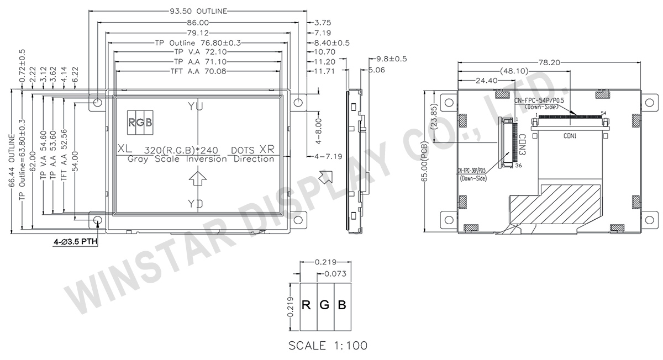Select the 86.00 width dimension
(198, 23)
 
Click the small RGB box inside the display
(141, 123)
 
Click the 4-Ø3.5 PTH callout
(75, 242)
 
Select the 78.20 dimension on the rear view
(549, 62)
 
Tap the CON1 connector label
(570, 135)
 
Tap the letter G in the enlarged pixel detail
(325, 304)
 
